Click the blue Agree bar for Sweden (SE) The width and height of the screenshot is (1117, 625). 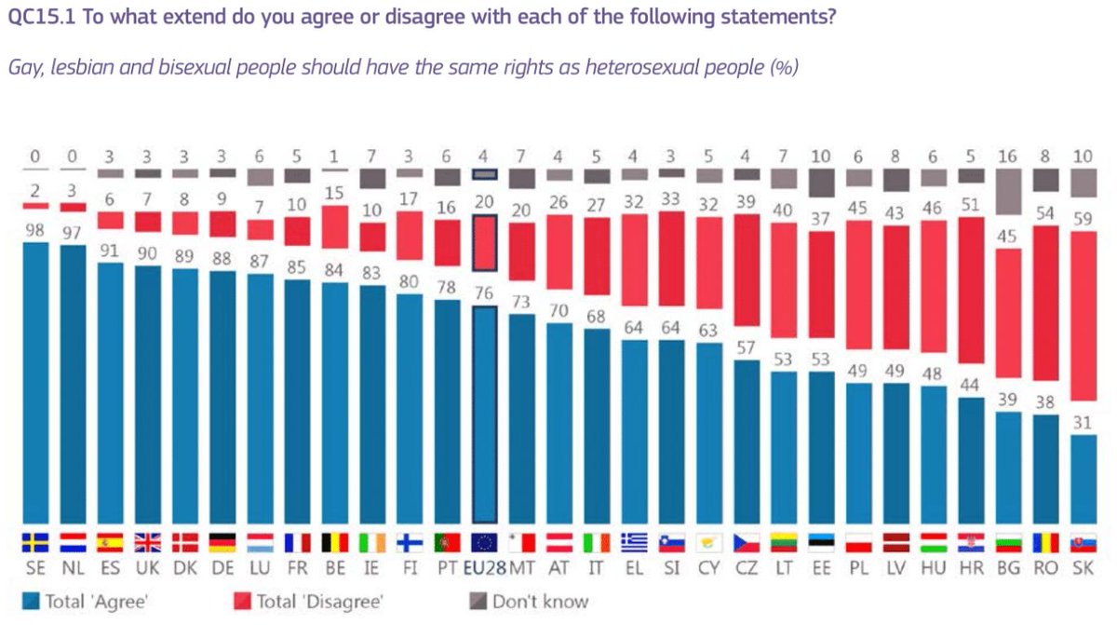click(x=34, y=382)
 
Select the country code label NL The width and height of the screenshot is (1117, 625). click(x=73, y=568)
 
